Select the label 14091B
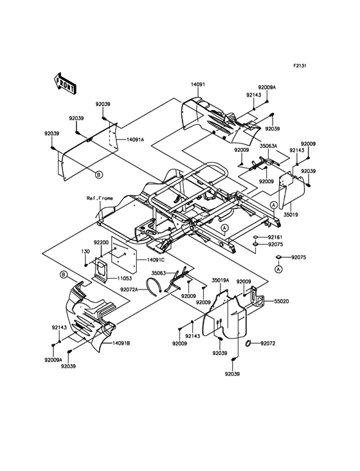(x=121, y=344)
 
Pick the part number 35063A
(x=268, y=145)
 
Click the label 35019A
(x=222, y=281)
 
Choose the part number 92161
(x=275, y=237)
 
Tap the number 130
(x=85, y=252)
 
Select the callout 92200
(x=102, y=243)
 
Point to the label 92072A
(x=130, y=290)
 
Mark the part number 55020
(x=283, y=300)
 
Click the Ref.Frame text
(x=100, y=198)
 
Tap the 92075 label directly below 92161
(x=275, y=245)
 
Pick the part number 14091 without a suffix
(x=197, y=84)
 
